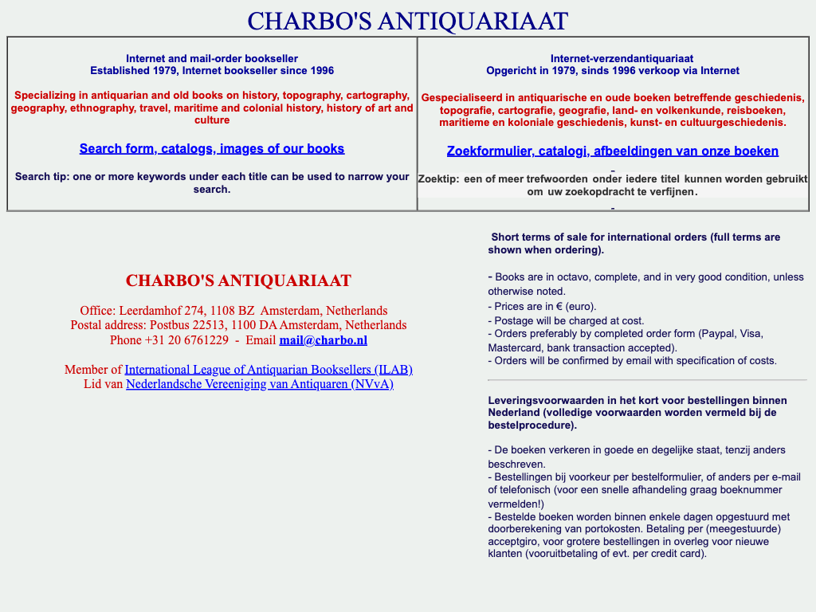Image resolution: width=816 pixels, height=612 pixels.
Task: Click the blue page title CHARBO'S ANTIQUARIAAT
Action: (x=407, y=21)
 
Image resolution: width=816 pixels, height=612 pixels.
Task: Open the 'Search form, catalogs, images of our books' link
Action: (x=212, y=149)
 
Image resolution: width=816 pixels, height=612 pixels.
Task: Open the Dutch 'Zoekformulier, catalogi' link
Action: (x=612, y=151)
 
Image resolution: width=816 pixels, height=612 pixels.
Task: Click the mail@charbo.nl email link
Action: (x=323, y=340)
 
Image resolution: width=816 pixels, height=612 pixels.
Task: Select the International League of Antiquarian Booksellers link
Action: (x=269, y=370)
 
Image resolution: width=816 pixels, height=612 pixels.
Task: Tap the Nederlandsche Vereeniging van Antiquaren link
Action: (x=260, y=384)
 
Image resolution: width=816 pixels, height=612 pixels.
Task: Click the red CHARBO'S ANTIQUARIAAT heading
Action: (x=238, y=280)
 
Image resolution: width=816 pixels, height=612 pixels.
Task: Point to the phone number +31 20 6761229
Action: (x=186, y=340)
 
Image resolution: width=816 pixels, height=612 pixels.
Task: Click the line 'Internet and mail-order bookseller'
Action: (x=212, y=59)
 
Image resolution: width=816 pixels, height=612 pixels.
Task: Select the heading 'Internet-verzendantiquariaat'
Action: (x=622, y=59)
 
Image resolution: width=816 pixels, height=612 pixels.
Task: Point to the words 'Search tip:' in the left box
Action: (x=41, y=177)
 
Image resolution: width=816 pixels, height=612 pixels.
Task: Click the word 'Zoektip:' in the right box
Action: (x=438, y=179)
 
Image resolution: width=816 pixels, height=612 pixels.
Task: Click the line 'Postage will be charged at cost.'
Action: (x=566, y=320)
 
